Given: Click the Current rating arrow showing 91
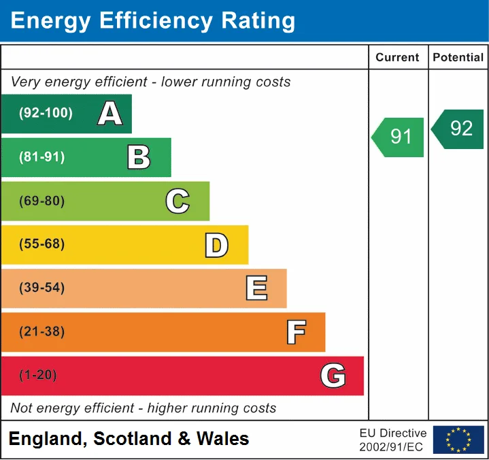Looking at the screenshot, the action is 398,137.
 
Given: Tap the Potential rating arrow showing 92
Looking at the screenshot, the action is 457,129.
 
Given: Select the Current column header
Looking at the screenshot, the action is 397,57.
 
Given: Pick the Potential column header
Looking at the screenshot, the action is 458,57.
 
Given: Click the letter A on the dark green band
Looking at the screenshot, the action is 109,113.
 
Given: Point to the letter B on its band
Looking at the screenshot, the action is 139,157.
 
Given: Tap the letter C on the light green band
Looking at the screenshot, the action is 178,201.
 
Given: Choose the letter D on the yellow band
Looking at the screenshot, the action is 216,245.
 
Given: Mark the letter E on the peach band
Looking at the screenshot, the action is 256,288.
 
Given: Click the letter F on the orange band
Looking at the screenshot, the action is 297,332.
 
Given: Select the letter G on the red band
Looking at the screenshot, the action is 333,376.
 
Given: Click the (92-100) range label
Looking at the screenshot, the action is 46,113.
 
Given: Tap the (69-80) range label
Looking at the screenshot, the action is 42,201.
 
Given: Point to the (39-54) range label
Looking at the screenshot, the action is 42,287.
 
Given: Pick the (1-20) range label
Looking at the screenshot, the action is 38,375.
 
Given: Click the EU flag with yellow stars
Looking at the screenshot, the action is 458,440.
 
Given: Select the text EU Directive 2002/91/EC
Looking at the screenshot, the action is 393,440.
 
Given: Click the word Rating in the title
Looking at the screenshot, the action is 258,21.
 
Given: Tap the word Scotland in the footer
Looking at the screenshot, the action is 133,438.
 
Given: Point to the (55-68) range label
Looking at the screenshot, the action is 42,244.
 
